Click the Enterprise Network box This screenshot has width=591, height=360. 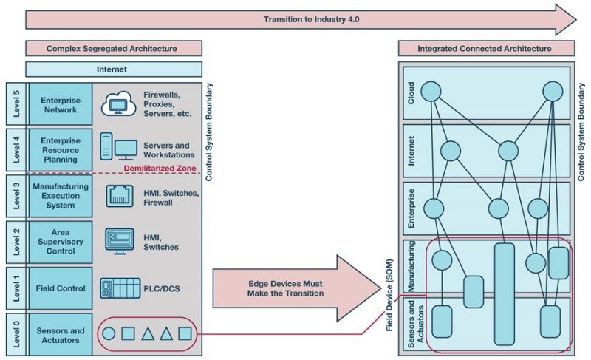click(x=61, y=104)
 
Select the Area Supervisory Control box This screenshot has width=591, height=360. click(x=61, y=242)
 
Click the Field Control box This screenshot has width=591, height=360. click(x=61, y=288)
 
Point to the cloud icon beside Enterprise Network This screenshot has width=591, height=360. click(x=117, y=103)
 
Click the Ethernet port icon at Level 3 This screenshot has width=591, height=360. click(x=118, y=195)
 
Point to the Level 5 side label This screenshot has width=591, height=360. click(x=15, y=104)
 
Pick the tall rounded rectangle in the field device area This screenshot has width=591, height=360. click(x=505, y=293)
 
